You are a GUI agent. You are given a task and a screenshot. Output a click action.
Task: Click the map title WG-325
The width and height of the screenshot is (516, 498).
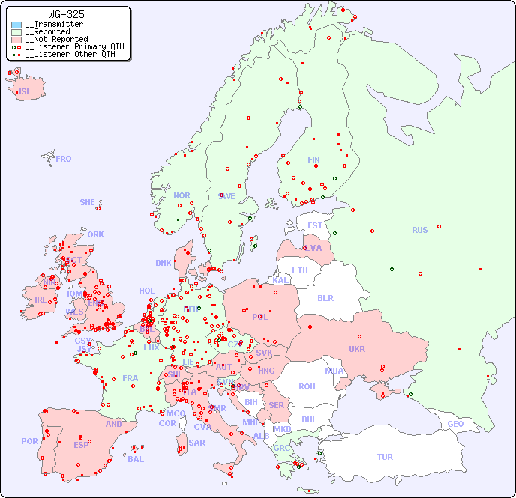pos(66,14)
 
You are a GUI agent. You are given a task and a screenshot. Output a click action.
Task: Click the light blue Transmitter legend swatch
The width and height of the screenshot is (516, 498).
pos(16,25)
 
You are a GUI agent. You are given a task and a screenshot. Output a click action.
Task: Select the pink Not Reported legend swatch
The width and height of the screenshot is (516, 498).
pos(16,40)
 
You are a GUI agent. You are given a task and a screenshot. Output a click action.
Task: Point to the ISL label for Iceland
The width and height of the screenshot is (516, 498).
pos(25,92)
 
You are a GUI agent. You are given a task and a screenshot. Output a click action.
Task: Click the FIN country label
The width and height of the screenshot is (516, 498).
pos(313,160)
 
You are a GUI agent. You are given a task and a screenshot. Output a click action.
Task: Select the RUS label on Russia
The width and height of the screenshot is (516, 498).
pos(419,230)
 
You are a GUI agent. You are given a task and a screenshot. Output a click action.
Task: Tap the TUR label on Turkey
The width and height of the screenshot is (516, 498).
pos(385,457)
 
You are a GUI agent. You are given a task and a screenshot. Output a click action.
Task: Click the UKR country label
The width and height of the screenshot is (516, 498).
pos(356,349)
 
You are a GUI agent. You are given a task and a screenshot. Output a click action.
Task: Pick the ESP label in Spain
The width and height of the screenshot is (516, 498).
pos(81,444)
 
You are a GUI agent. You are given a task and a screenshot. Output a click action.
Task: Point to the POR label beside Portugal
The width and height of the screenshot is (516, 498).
pos(29,441)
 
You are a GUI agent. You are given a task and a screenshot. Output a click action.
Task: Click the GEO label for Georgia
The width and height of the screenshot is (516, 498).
pos(455,424)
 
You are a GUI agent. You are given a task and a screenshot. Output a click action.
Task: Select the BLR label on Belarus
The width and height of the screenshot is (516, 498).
pos(325,297)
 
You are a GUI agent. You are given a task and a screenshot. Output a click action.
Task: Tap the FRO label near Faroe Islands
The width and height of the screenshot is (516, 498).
pos(64,159)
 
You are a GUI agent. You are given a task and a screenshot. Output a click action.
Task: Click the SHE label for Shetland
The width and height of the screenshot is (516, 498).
pos(88,202)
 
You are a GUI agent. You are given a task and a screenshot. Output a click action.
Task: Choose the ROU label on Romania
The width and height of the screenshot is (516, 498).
pos(307,386)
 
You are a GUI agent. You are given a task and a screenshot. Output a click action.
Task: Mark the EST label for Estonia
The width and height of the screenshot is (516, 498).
pos(315,225)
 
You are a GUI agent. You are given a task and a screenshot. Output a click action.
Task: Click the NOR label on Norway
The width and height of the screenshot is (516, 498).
pos(181,195)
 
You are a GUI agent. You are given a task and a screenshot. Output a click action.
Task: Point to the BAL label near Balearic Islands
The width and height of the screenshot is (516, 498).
pos(136,459)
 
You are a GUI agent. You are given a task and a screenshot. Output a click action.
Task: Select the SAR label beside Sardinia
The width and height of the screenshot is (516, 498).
pos(196,443)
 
